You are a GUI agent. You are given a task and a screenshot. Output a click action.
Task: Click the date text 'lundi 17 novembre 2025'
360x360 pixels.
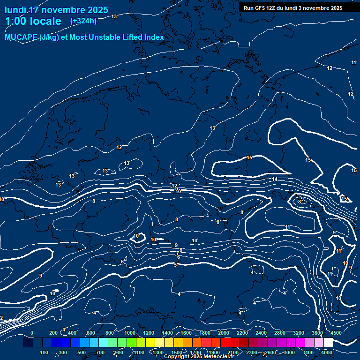tap(56, 10)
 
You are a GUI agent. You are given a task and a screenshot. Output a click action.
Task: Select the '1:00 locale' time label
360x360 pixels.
tap(33, 21)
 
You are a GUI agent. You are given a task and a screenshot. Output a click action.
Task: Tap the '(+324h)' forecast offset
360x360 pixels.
tap(83, 21)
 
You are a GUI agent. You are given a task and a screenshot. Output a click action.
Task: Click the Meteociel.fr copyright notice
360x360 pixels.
tap(199, 357)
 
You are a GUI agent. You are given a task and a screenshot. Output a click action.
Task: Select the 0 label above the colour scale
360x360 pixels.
tap(32, 333)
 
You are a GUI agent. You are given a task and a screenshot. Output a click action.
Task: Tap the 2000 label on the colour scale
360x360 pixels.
tap(224, 333)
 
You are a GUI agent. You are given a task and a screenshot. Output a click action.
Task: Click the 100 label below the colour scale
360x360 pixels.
tap(45, 352)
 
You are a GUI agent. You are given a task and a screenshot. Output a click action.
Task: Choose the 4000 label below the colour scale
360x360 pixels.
tap(327, 352)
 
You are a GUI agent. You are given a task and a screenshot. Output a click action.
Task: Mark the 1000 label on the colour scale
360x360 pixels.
tap(130, 333)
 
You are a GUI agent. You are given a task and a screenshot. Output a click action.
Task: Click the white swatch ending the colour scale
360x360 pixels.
tap(328, 343)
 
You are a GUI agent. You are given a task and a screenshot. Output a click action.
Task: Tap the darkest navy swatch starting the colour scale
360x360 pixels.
tap(28, 343)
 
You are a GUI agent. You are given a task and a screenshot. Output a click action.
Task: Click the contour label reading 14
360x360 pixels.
tap(275, 179)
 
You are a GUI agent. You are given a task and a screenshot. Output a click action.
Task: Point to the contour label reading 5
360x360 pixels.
tap(175, 265)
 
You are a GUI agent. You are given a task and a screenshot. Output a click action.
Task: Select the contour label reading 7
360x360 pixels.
tap(177, 254)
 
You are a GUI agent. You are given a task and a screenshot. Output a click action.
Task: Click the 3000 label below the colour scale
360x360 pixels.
tap(289, 352)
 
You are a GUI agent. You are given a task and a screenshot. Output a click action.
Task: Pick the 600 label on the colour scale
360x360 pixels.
tap(91, 333)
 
